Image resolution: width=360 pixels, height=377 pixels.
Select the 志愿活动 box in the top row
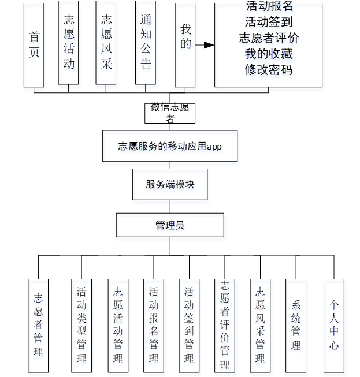coord(69,43)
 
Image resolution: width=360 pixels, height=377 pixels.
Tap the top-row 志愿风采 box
coord(106,43)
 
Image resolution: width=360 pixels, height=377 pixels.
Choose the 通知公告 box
coord(146,43)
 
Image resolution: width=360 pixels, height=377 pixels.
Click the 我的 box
coord(185,44)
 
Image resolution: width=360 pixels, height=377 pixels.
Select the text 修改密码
coord(269,70)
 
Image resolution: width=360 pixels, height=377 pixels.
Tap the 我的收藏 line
coord(269,54)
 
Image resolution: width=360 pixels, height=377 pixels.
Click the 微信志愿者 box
coord(170,113)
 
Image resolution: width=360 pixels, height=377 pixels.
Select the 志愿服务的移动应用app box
coord(170,146)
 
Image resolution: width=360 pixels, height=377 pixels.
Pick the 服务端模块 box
coord(170,185)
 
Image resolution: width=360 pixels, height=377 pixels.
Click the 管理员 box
coord(170,225)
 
